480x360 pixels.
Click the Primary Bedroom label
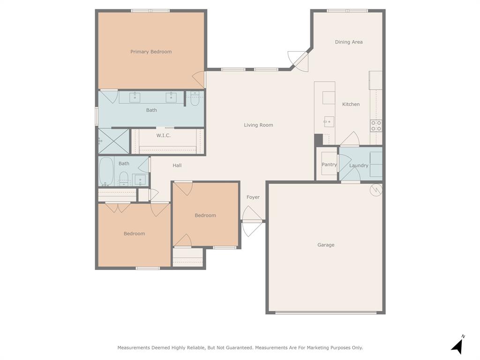(x=151, y=52)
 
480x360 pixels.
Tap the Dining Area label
(x=349, y=42)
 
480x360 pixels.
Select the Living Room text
(x=258, y=125)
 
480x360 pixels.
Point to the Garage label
(x=326, y=245)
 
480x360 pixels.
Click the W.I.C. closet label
(x=163, y=135)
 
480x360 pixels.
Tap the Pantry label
(x=329, y=165)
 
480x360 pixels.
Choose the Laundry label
(x=359, y=165)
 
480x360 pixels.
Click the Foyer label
(x=253, y=197)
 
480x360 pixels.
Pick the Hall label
(x=177, y=165)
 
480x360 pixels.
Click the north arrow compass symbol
(x=458, y=345)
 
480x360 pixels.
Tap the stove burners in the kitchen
(x=376, y=126)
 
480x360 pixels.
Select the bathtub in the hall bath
(x=106, y=171)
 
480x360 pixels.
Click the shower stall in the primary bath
(x=113, y=141)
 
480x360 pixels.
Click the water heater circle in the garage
(x=376, y=189)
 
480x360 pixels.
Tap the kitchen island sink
(x=329, y=122)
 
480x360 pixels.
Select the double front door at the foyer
(x=252, y=221)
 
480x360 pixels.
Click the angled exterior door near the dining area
(x=299, y=60)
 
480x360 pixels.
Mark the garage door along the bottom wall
(x=325, y=313)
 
